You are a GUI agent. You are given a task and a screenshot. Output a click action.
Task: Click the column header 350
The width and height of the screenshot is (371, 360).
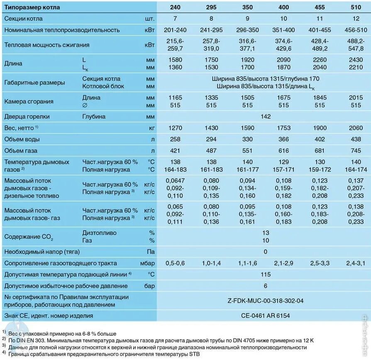tap(247, 7)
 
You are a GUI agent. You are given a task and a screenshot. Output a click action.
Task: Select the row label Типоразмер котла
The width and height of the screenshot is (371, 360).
tap(32, 7)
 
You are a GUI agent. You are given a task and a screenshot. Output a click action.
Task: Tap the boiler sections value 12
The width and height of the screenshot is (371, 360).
tap(356, 19)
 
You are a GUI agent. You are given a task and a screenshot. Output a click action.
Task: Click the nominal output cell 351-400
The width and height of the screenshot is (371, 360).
tap(283, 30)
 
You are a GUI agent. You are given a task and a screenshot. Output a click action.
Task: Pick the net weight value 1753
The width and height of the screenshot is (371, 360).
tap(283, 128)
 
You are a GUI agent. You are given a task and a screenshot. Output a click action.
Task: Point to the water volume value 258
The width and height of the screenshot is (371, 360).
tap(175, 139)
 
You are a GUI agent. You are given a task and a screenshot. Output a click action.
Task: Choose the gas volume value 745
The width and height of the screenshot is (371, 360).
tap(356, 151)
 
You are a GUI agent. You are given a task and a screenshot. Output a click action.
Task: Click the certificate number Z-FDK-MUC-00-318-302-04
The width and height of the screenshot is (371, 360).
tap(266, 301)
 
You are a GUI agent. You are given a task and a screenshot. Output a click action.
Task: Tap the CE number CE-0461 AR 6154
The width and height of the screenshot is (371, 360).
tap(266, 316)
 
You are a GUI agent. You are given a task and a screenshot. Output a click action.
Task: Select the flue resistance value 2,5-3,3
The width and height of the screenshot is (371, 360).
tap(320, 263)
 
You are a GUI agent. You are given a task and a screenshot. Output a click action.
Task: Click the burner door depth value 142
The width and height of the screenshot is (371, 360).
tap(266, 117)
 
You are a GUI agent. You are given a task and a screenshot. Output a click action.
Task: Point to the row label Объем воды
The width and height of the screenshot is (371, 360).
tap(22, 139)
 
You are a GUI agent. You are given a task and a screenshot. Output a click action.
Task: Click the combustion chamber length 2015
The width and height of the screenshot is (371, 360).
tap(356, 98)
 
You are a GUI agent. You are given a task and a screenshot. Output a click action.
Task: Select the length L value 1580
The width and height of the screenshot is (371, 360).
tap(175, 60)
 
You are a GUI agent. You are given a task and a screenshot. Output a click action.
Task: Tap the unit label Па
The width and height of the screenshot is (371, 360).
tap(151, 252)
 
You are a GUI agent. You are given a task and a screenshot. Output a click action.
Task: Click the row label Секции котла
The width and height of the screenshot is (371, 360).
tap(23, 19)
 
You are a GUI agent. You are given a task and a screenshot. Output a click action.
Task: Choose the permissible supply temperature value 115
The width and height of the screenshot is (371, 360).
tap(266, 274)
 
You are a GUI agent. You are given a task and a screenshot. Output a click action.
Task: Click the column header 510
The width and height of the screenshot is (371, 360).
tap(356, 7)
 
